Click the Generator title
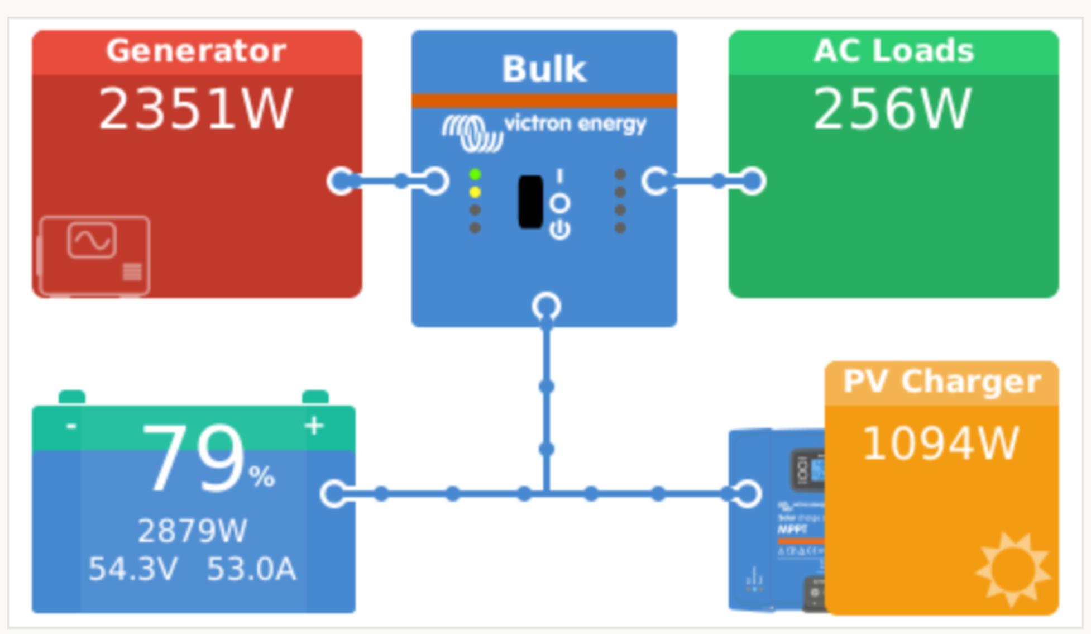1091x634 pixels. (196, 51)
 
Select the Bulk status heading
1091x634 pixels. (544, 69)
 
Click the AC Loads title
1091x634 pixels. (893, 51)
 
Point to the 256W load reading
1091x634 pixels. (892, 109)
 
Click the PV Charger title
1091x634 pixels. (942, 382)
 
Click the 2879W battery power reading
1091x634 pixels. (192, 531)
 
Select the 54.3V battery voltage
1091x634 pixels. (133, 569)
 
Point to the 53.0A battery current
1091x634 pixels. (251, 569)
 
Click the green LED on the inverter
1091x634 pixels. (475, 175)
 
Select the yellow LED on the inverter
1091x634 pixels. (475, 193)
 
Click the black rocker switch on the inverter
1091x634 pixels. (530, 202)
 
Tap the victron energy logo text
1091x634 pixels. (575, 123)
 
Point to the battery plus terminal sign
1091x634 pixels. (314, 426)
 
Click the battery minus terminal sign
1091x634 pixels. (71, 426)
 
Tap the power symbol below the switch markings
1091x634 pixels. (560, 230)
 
